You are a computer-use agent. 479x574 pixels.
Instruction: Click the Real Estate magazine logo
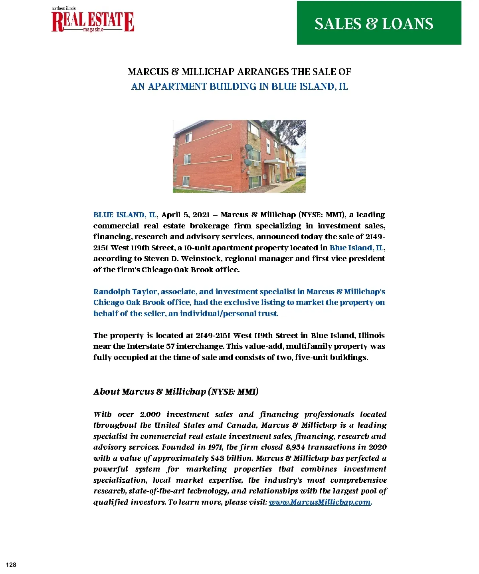click(93, 20)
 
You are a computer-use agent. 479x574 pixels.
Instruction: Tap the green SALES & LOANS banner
click(379, 23)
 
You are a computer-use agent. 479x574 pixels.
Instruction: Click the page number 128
click(11, 565)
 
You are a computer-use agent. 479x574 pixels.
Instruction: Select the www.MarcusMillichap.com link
click(320, 502)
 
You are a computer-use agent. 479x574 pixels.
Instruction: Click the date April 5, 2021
click(187, 215)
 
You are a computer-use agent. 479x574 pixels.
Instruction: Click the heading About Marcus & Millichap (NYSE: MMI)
click(176, 392)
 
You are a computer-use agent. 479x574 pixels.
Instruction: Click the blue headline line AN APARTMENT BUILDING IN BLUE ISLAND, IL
click(239, 86)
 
